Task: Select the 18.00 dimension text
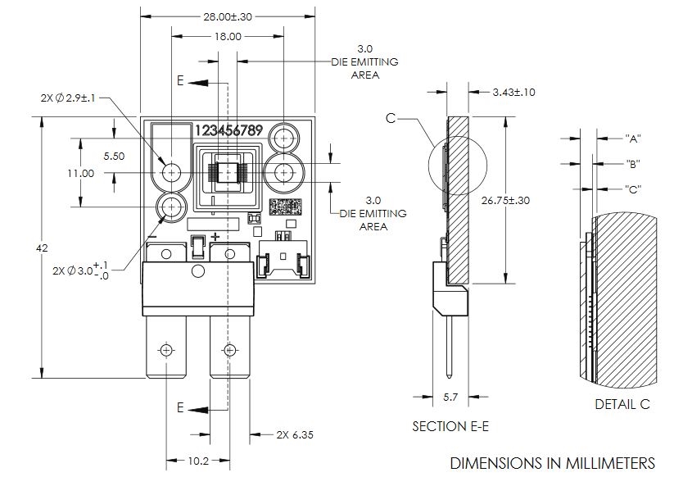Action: pos(228,36)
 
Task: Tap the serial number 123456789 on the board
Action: pos(228,131)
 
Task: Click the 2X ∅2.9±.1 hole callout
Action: pos(69,98)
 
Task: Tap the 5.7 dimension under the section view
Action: pos(450,397)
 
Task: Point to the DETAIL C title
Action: pos(622,405)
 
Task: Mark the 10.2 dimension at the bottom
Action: pos(197,461)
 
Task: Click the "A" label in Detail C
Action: pos(632,138)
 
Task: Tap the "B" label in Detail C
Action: pos(632,163)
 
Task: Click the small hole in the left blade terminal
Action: pos(167,350)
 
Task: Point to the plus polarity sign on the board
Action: pos(215,237)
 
